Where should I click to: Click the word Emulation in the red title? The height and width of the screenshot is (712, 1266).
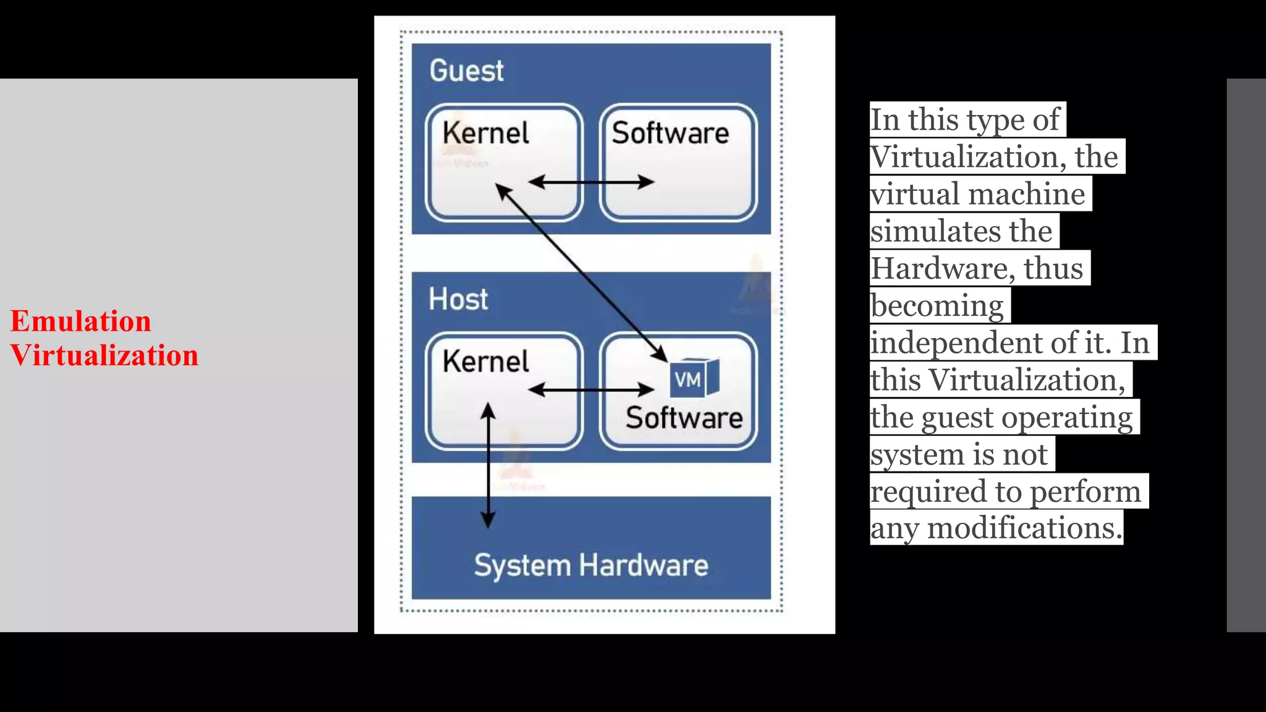coord(80,321)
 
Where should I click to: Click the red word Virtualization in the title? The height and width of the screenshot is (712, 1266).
coord(104,356)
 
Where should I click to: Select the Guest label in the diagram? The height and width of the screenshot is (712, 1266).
coord(467,70)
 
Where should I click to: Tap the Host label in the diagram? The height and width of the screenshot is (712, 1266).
coord(458,299)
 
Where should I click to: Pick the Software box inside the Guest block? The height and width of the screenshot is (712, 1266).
coord(678,162)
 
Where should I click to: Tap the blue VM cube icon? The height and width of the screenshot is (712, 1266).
coord(694,378)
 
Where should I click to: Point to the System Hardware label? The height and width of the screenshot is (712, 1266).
coord(591,566)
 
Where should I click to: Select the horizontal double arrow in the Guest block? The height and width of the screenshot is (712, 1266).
coord(591,182)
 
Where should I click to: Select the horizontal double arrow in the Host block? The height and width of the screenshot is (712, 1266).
coord(591,389)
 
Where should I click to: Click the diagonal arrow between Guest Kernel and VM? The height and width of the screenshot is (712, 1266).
coord(581,272)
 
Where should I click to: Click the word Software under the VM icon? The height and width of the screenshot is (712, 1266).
coord(684,418)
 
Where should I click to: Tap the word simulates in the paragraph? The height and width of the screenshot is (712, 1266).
coord(935,232)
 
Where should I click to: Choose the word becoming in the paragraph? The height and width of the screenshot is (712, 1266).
coord(937,306)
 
